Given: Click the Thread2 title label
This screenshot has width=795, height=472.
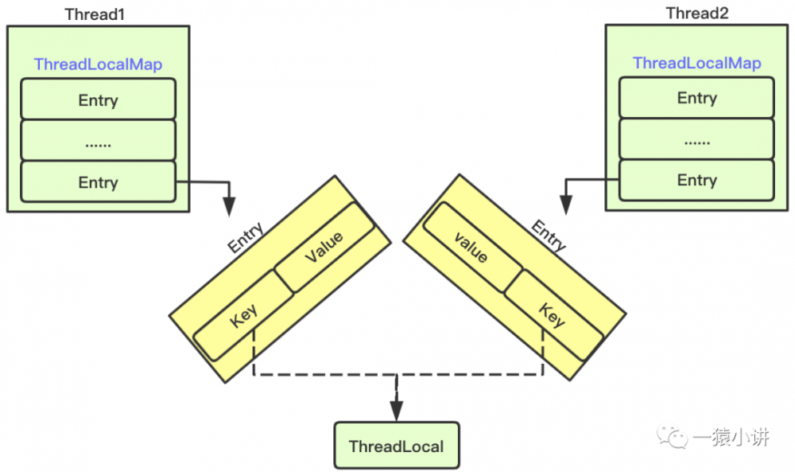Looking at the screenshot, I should [x=696, y=13].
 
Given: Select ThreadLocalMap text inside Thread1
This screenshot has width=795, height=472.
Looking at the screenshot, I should [x=98, y=64].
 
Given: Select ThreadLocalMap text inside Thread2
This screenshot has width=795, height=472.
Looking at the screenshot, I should [x=696, y=63].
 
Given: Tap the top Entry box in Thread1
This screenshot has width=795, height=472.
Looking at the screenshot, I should [x=98, y=100].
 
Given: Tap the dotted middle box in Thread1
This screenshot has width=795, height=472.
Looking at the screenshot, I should [x=98, y=141].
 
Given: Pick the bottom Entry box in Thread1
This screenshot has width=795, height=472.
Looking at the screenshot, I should [x=98, y=182].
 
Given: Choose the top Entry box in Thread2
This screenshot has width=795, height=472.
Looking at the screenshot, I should [x=696, y=98].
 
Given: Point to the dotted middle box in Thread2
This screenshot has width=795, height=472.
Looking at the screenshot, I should [x=696, y=139].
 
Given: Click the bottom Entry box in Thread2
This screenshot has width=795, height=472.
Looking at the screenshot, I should [x=696, y=180].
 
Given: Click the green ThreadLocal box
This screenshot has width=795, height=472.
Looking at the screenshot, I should [x=396, y=446].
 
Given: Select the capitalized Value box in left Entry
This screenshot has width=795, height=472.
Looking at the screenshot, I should [x=324, y=248].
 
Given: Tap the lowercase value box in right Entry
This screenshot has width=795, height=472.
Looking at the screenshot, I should [x=471, y=248].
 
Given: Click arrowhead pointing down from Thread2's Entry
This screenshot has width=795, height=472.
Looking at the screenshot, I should [x=565, y=206].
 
